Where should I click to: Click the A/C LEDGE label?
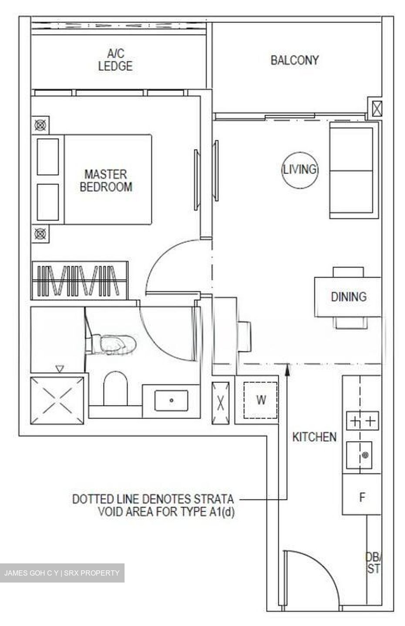click(x=115, y=60)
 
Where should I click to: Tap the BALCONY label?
click(x=294, y=60)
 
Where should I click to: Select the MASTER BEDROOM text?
click(x=106, y=180)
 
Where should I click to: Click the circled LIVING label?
click(x=300, y=169)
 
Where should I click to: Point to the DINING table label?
click(x=348, y=297)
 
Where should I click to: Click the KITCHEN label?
click(x=314, y=437)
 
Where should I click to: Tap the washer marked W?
click(x=260, y=400)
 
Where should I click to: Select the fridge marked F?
click(x=361, y=497)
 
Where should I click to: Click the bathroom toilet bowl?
click(x=115, y=388)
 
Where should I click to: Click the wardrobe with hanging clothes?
click(x=80, y=280)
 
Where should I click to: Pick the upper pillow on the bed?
click(x=47, y=156)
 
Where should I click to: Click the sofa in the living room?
click(x=352, y=170)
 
